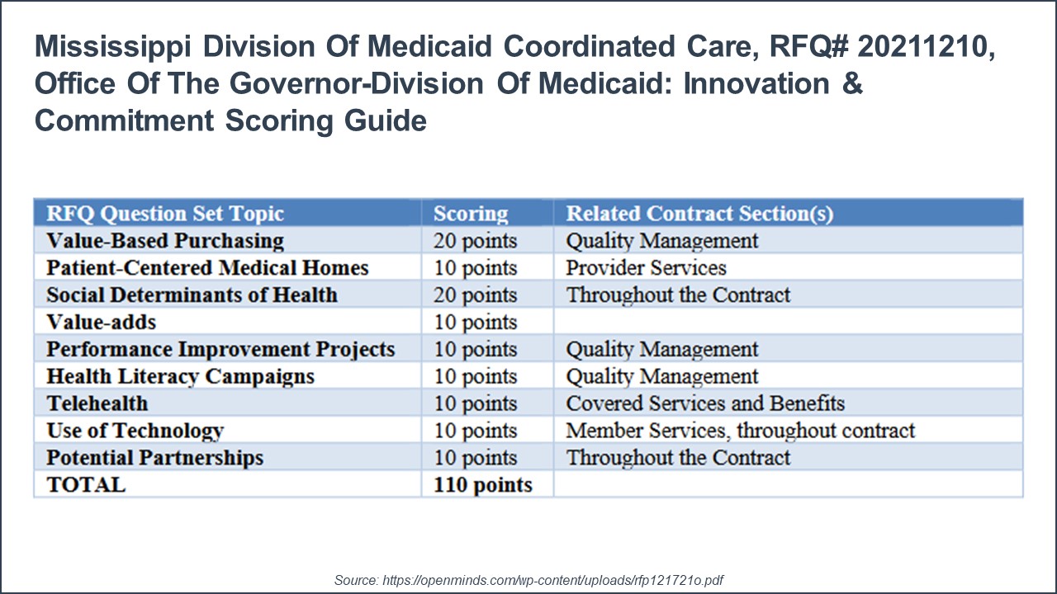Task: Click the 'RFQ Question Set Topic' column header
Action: coord(165,214)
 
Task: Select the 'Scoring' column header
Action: coord(471,214)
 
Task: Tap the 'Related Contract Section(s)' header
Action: coord(699,214)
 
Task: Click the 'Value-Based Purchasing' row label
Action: coord(165,241)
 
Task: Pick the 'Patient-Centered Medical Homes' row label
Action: coord(207,268)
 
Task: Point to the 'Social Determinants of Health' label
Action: coord(192,295)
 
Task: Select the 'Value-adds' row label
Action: coord(101,323)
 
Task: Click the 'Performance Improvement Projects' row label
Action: coord(220,349)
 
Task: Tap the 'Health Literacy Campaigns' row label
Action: coord(180,376)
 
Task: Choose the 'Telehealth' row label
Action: coord(97,403)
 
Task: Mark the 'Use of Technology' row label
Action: coord(135,431)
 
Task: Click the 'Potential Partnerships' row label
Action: coord(154,458)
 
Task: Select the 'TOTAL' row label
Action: coord(86,485)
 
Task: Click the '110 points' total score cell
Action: coord(483,485)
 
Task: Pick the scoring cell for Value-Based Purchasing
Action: coord(476,241)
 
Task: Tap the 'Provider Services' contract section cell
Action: coord(646,268)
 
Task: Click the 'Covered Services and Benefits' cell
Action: coord(705,403)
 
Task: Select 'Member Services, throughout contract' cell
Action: coord(740,431)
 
